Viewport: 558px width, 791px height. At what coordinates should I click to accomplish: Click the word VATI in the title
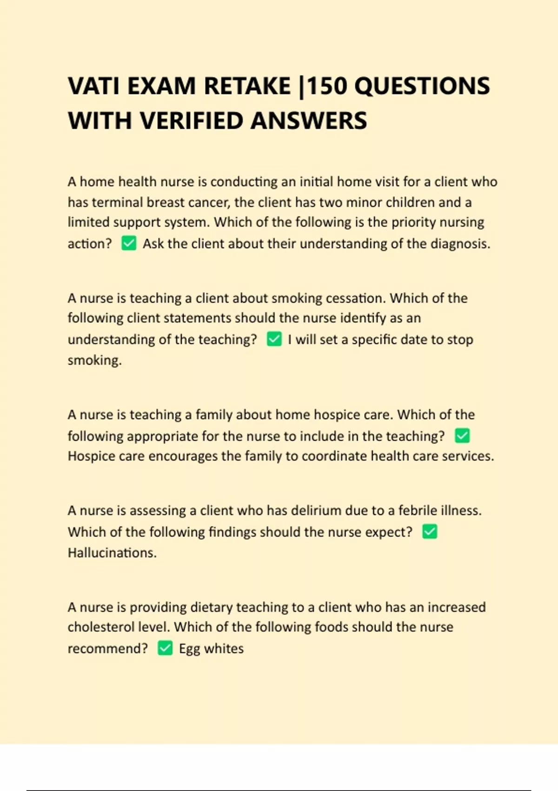point(94,86)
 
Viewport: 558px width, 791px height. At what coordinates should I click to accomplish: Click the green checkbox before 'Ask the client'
point(129,243)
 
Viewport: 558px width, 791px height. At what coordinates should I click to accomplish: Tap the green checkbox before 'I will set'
point(274,339)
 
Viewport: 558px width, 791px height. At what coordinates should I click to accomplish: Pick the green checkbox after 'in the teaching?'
point(462,436)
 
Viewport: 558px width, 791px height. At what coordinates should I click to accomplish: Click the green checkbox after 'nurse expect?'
point(430,532)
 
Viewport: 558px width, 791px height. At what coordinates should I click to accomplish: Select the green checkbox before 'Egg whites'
point(165,648)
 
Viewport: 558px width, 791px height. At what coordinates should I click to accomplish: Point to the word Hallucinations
point(112,553)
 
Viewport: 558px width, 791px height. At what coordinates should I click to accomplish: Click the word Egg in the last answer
point(189,649)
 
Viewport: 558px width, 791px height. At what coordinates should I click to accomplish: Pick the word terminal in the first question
point(117,202)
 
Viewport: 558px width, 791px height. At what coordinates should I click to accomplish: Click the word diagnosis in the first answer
point(460,244)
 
